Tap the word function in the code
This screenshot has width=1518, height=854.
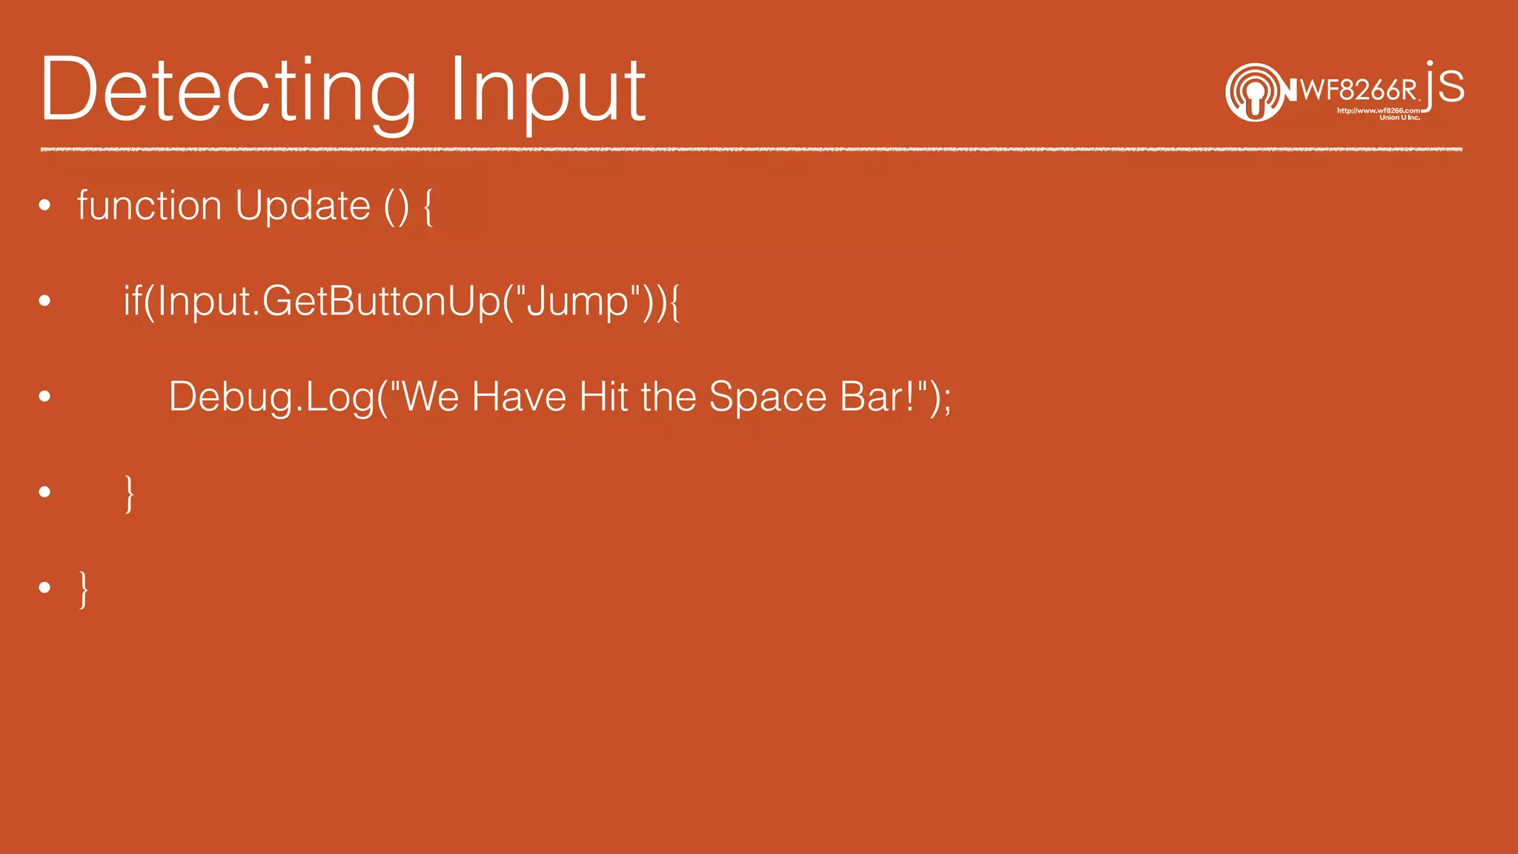click(x=149, y=205)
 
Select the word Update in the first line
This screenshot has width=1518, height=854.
click(x=302, y=205)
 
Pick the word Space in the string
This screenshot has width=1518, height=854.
click(x=767, y=397)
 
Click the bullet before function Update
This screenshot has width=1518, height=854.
click(x=45, y=205)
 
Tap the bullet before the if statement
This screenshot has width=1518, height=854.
click(x=45, y=301)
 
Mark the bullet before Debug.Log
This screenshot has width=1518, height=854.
click(x=45, y=397)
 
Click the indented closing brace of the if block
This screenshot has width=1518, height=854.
click(x=129, y=493)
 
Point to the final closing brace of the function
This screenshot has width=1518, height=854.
click(x=84, y=589)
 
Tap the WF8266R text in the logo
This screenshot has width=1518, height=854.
click(x=1359, y=90)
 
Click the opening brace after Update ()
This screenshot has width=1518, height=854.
click(x=428, y=207)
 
